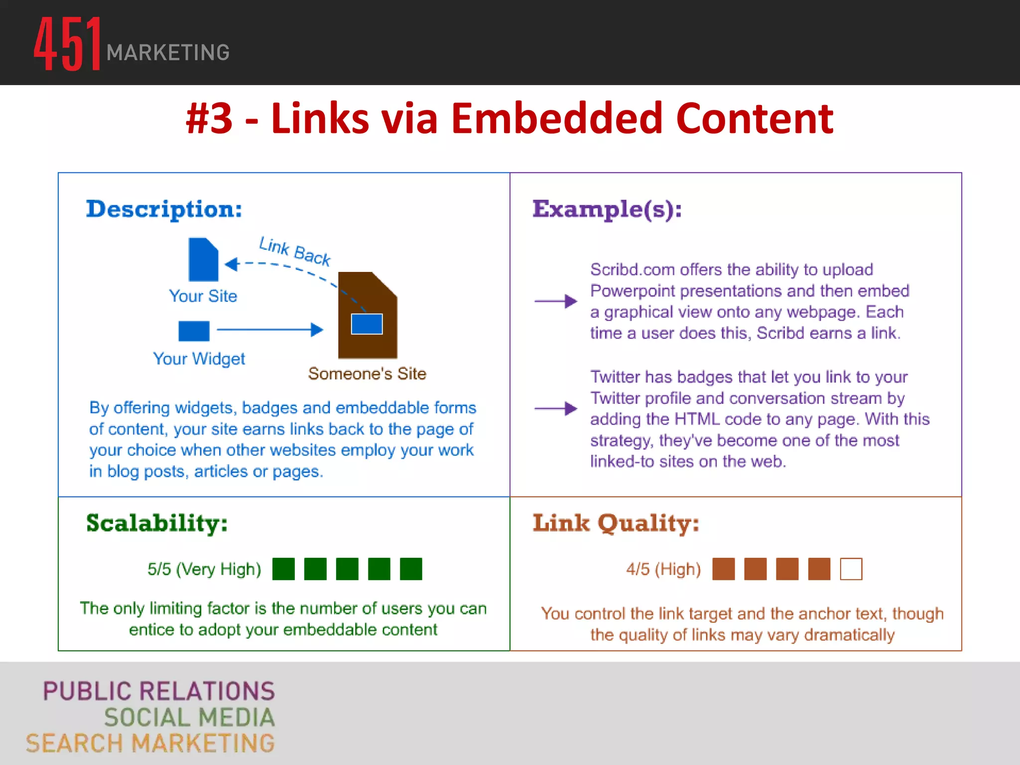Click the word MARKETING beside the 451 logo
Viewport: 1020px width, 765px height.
click(x=168, y=53)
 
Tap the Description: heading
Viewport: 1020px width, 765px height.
click(x=164, y=209)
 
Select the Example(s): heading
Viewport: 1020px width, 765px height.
click(x=607, y=209)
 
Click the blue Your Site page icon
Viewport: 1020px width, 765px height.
click(x=203, y=259)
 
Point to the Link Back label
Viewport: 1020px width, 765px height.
click(x=295, y=251)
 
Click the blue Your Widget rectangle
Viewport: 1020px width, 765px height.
click(x=194, y=331)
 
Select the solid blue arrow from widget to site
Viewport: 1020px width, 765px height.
click(x=270, y=330)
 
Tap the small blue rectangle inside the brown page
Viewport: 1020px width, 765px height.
click(x=367, y=324)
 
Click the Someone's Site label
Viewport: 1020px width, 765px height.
click(x=367, y=374)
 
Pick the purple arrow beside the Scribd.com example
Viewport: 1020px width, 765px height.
click(x=555, y=301)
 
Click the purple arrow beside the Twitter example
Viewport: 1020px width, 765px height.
click(x=555, y=408)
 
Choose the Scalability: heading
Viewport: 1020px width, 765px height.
click(x=157, y=523)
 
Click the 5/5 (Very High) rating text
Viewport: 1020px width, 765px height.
click(x=204, y=569)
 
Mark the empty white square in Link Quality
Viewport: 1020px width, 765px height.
click(x=851, y=569)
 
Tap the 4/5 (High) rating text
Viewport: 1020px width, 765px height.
click(x=663, y=569)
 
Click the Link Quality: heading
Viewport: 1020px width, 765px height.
click(x=616, y=523)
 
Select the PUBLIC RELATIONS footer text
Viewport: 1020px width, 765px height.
click(x=159, y=691)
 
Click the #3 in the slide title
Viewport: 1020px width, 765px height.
click(x=209, y=119)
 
